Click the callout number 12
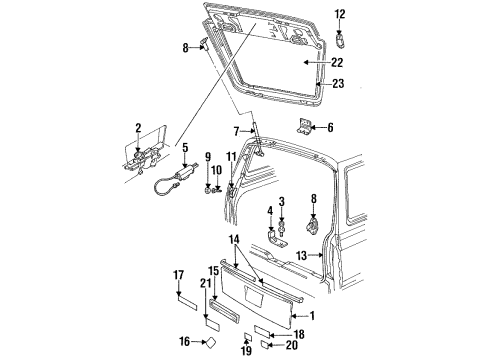pyautogui.click(x=339, y=14)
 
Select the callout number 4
pyautogui.click(x=269, y=211)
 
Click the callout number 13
pyautogui.click(x=300, y=257)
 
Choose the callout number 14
pyautogui.click(x=233, y=240)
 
